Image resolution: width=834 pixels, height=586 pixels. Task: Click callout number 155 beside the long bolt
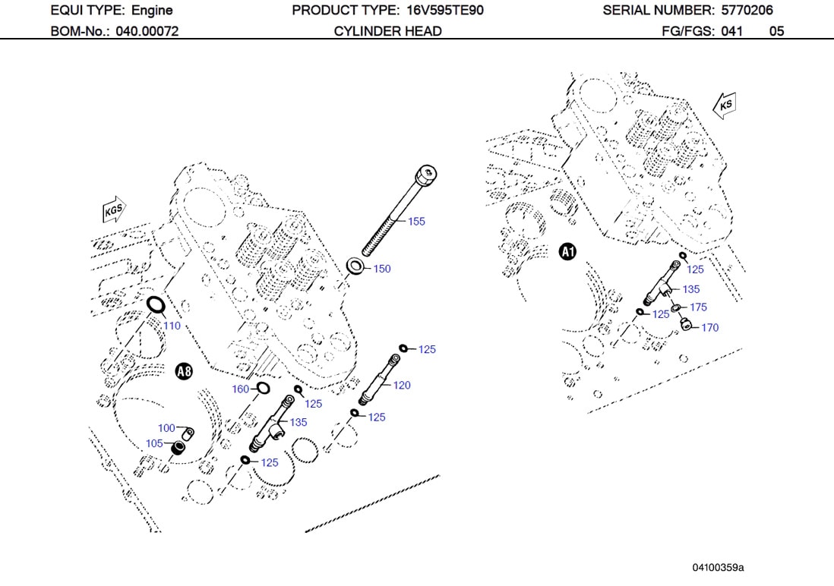tap(416, 222)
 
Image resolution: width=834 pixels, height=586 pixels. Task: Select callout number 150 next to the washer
tap(382, 269)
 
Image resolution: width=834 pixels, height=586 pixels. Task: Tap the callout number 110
tap(172, 326)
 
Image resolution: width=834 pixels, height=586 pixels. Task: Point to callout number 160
tap(240, 389)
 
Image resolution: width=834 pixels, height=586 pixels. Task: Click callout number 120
tap(402, 386)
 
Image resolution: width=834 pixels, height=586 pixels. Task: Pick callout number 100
tap(166, 428)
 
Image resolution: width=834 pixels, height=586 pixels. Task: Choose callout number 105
tap(154, 443)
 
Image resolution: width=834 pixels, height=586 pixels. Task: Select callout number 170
tap(709, 328)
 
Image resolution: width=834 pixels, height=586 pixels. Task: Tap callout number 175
tap(698, 307)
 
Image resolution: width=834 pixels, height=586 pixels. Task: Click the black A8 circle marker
tap(184, 371)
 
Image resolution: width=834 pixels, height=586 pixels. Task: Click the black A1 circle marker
tap(568, 251)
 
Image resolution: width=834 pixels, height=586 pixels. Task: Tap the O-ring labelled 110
tap(155, 305)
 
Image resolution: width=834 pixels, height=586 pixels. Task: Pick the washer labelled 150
tap(355, 266)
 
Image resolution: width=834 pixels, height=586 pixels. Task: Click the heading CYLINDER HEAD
tap(387, 31)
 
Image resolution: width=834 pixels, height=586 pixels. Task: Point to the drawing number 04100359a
tap(718, 568)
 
